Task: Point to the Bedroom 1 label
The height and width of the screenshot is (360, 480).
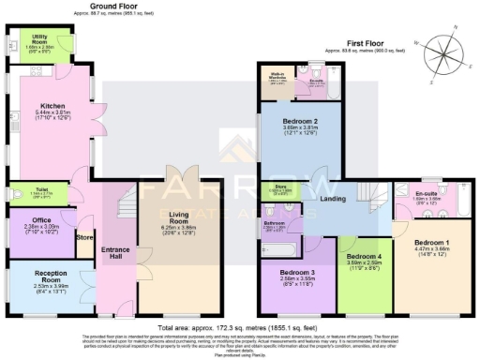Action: click(x=433, y=242)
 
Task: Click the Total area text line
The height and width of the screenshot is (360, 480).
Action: click(x=239, y=322)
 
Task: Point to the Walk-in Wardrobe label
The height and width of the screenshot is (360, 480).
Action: click(x=279, y=77)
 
